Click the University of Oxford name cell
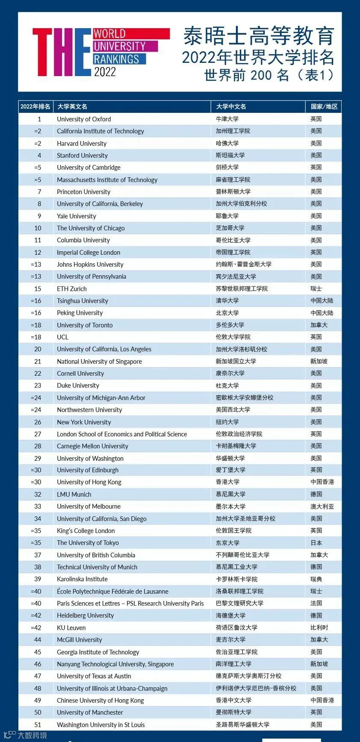pyautogui.click(x=84, y=119)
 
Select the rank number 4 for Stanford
pyautogui.click(x=39, y=156)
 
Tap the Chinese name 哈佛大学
pyautogui.click(x=227, y=143)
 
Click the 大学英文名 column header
pyautogui.click(x=72, y=106)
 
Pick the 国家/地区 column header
pyautogui.click(x=324, y=106)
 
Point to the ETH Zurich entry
pyautogui.click(x=72, y=289)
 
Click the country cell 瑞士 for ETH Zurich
pyautogui.click(x=316, y=289)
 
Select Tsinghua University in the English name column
pyautogui.click(x=83, y=301)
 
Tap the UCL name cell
pyautogui.click(x=62, y=337)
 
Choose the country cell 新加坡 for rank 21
pyautogui.click(x=319, y=362)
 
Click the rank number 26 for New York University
pyautogui.click(x=38, y=422)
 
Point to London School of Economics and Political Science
pyautogui.click(x=122, y=434)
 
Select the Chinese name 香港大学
pyautogui.click(x=227, y=482)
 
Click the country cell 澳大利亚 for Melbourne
pyautogui.click(x=322, y=506)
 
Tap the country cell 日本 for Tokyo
pyautogui.click(x=316, y=543)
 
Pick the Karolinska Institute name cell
pyautogui.click(x=82, y=579)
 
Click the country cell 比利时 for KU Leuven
pyautogui.click(x=319, y=628)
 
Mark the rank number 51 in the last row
pyautogui.click(x=38, y=725)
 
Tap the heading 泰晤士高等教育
pyautogui.click(x=259, y=36)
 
